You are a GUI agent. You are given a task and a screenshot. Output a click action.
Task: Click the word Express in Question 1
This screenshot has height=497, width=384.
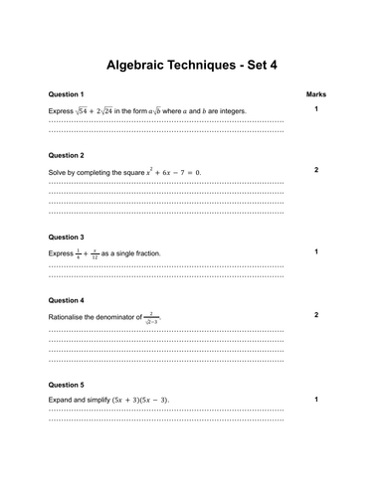(x=61, y=110)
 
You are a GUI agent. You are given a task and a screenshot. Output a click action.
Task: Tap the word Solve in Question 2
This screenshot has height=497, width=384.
(x=58, y=173)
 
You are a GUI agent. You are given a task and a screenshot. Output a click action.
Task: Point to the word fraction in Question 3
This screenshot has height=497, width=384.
(x=147, y=253)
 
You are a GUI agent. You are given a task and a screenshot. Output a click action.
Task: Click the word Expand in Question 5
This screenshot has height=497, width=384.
(x=61, y=400)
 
